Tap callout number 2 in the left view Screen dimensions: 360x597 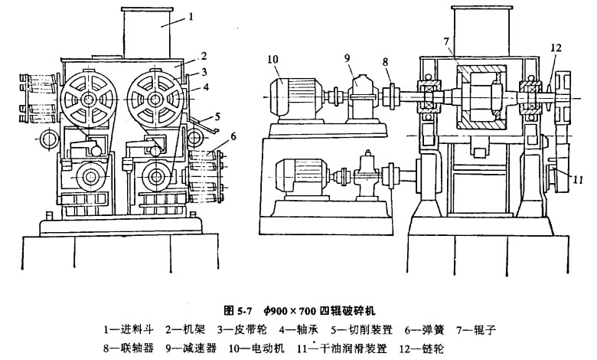coord(204,55)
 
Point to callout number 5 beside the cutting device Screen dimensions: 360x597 coord(217,116)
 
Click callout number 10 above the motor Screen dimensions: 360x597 coord(273,59)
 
